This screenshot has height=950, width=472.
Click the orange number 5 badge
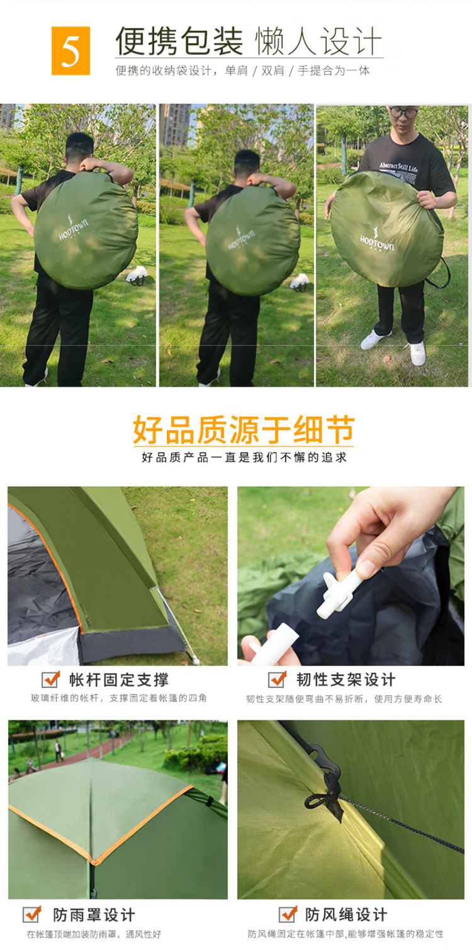pyautogui.click(x=71, y=50)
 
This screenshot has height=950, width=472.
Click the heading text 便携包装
pyautogui.click(x=179, y=41)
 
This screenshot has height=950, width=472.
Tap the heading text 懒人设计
pyautogui.click(x=318, y=41)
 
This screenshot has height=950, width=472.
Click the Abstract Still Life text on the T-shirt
pyautogui.click(x=398, y=167)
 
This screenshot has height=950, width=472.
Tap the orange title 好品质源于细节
pyautogui.click(x=244, y=429)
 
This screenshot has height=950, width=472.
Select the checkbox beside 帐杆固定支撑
pyautogui.click(x=51, y=679)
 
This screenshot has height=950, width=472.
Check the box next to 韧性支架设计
pyautogui.click(x=278, y=679)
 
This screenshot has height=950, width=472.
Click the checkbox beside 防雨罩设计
pyautogui.click(x=32, y=914)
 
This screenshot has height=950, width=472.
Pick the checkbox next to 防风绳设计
pyautogui.click(x=288, y=914)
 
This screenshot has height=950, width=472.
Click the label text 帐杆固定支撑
pyautogui.click(x=119, y=680)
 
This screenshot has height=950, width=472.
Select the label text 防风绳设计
pyautogui.click(x=346, y=915)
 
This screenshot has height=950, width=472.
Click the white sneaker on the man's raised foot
pyautogui.click(x=375, y=339)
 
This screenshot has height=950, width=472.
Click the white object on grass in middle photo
pyautogui.click(x=300, y=281)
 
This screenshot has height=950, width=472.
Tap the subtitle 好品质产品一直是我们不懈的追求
pyautogui.click(x=244, y=457)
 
